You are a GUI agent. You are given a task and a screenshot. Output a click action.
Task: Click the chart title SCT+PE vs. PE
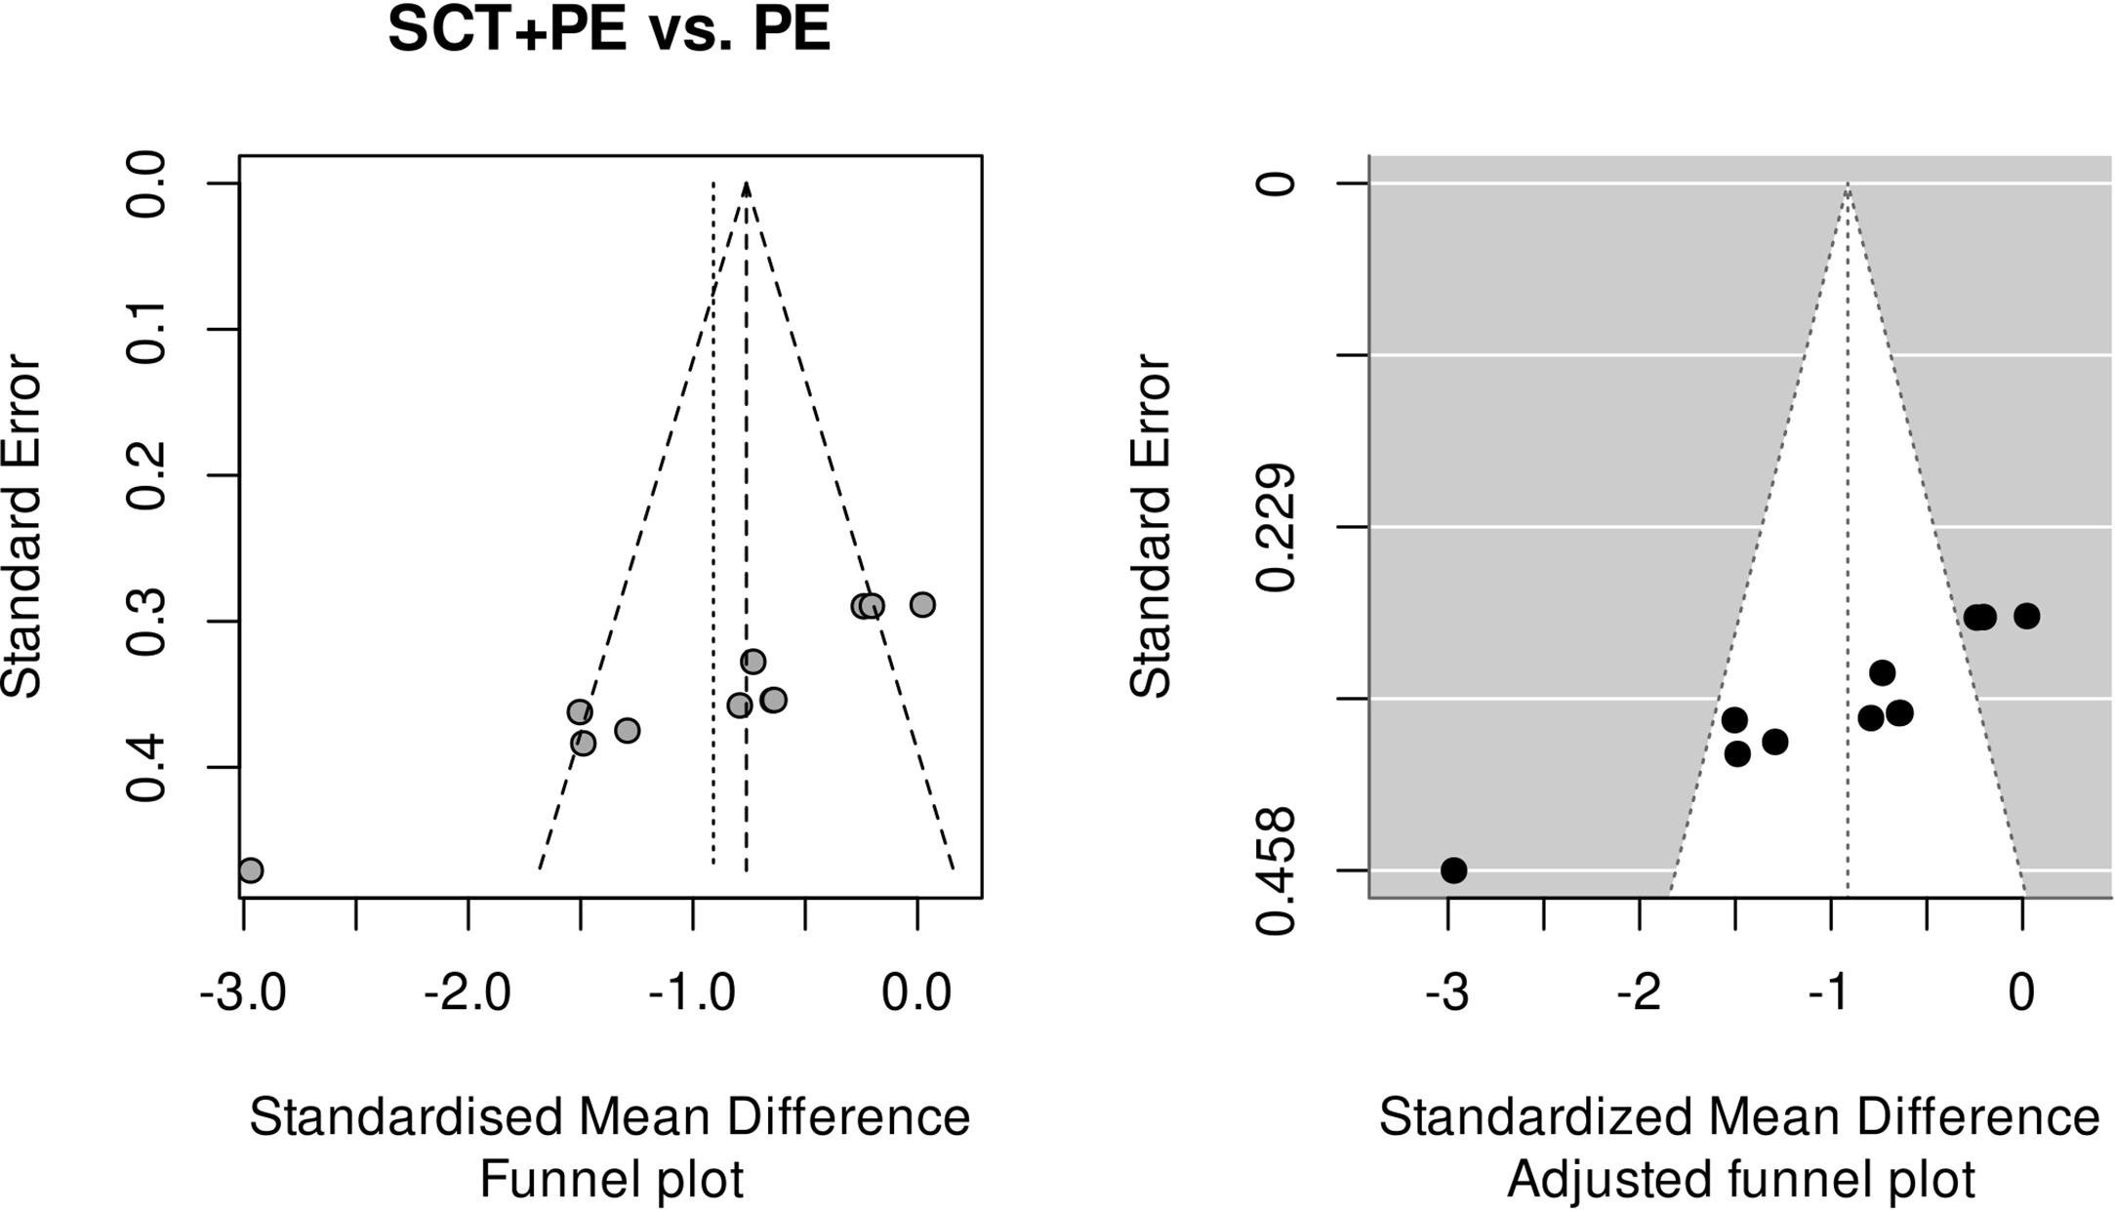609,31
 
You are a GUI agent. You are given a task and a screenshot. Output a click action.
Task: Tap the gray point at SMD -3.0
251,869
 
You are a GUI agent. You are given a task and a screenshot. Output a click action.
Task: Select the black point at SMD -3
1453,869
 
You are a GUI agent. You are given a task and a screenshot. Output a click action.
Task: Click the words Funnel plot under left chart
611,1179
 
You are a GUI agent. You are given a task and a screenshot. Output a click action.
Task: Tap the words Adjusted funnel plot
1740,1179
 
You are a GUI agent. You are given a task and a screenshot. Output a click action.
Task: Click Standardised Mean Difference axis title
609,1117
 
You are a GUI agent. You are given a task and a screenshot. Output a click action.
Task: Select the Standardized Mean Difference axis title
1738,1117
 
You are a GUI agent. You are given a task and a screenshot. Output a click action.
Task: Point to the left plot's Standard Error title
21,527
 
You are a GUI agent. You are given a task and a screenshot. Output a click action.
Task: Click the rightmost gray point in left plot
922,605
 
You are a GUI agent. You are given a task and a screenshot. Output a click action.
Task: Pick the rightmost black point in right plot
2027,616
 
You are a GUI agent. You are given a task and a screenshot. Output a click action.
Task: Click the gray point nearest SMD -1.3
627,730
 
